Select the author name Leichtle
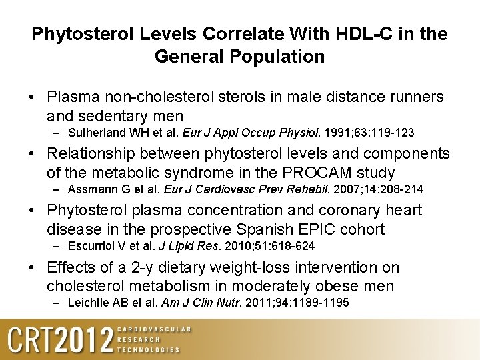pos(89,304)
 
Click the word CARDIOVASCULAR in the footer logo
pos(153,329)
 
